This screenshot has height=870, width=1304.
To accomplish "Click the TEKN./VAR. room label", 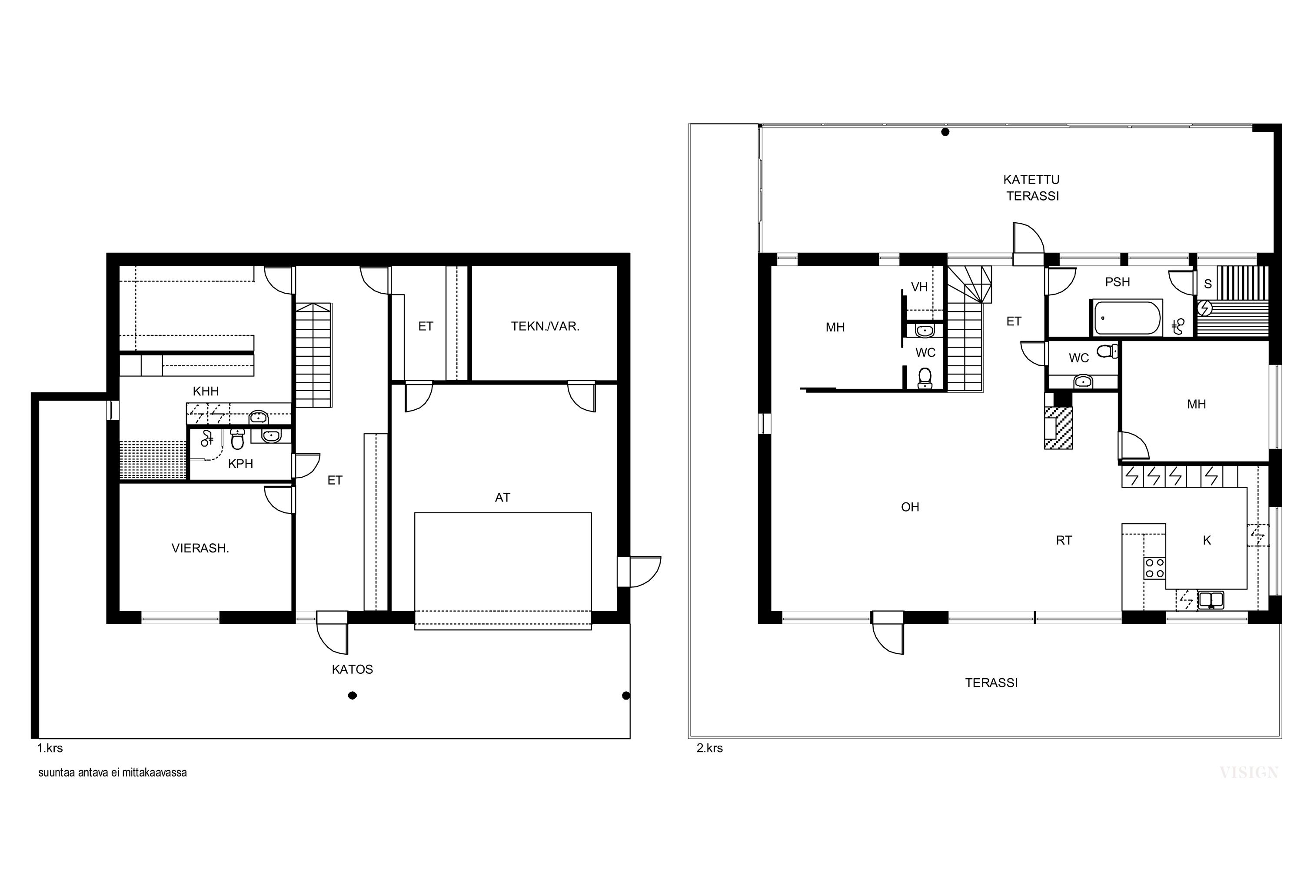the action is [x=545, y=326].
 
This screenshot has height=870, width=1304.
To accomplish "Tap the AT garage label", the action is [x=502, y=498].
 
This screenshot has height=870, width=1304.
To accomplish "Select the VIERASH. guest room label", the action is [x=200, y=548].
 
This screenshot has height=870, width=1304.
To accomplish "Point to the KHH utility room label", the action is [x=206, y=391].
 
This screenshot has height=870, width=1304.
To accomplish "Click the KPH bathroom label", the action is [x=241, y=464].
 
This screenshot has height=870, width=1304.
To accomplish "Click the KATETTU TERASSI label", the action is [x=1032, y=187].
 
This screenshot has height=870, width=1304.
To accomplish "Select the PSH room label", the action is [x=1117, y=282].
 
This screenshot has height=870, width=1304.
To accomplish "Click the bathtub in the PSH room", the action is [x=1127, y=318].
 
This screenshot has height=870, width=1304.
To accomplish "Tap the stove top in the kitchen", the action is [x=1154, y=568].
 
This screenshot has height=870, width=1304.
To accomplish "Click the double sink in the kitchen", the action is [x=1211, y=600].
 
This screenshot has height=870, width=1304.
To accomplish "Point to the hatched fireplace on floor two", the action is [x=1058, y=428].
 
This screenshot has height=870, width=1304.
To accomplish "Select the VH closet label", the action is [x=919, y=287].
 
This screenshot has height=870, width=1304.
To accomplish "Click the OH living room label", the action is [x=910, y=507].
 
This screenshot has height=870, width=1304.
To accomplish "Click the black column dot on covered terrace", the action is [x=945, y=132].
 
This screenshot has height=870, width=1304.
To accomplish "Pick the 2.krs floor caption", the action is [x=710, y=748].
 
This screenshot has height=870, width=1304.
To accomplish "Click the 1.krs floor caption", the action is [x=50, y=748].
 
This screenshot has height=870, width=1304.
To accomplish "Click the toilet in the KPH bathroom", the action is [x=237, y=439].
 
